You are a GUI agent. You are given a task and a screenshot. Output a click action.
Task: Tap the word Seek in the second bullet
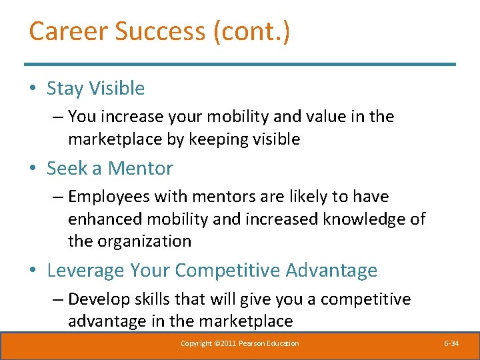[x=67, y=168]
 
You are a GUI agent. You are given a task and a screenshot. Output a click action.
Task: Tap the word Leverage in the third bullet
[x=85, y=271]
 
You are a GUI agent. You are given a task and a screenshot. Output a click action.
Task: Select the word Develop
[x=99, y=299]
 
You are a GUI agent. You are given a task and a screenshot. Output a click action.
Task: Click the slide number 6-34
[x=451, y=343]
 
